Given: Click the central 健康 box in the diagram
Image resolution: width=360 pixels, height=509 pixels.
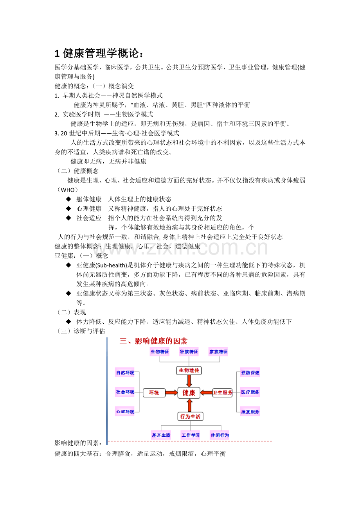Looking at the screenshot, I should (x=189, y=393).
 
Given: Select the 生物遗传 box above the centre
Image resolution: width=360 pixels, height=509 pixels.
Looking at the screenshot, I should (x=189, y=370).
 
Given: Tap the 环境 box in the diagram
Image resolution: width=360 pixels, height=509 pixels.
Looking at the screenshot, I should (x=154, y=393).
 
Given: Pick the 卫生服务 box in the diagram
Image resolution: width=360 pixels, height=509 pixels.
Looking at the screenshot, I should (x=222, y=393).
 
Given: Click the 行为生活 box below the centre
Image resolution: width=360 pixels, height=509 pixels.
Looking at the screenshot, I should (x=190, y=416).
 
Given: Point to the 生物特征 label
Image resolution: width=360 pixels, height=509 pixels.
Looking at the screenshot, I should (x=160, y=351).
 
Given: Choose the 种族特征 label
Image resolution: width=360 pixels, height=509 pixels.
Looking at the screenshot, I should (x=189, y=351).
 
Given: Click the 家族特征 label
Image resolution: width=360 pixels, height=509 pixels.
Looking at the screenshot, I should (x=218, y=351).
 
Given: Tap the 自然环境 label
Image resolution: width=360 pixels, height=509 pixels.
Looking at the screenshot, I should (x=125, y=373).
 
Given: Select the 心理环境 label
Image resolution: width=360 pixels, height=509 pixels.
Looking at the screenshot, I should (x=125, y=411).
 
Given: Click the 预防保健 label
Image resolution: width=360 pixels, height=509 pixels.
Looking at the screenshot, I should (x=250, y=373).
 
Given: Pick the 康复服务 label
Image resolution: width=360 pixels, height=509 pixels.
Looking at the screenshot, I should (x=250, y=411).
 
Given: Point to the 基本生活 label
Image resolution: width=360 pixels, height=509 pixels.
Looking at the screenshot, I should (x=161, y=435).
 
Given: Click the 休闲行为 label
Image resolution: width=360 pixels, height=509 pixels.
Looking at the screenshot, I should (x=220, y=435).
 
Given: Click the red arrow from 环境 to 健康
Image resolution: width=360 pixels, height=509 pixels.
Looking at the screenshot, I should (x=171, y=393).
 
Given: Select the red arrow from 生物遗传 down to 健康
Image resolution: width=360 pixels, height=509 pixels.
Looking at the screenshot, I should (x=189, y=381).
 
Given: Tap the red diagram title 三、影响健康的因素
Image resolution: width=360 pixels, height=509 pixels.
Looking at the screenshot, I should (x=153, y=341).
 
